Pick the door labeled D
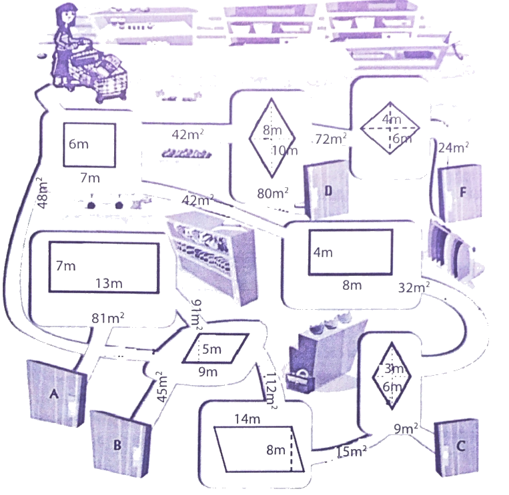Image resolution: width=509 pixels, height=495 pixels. pyautogui.click(x=327, y=191)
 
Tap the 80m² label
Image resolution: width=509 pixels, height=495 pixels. pyautogui.click(x=273, y=193)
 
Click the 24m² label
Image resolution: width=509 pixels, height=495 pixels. pyautogui.click(x=452, y=147)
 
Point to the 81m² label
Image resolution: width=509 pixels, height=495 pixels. pyautogui.click(x=109, y=318)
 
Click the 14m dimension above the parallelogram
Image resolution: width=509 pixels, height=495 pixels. pyautogui.click(x=247, y=419)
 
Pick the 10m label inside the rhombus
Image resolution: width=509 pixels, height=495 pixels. pyautogui.click(x=285, y=150)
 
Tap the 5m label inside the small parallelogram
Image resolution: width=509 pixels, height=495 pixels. pyautogui.click(x=211, y=348)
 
